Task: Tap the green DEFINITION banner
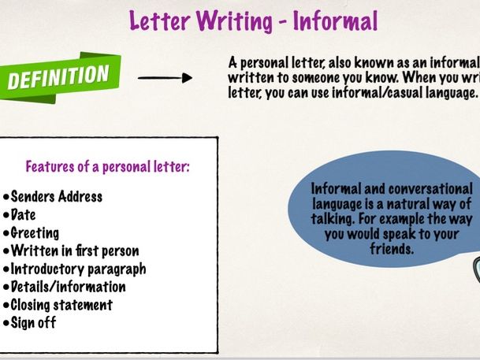pos(59,77)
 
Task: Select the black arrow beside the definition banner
pos(165,77)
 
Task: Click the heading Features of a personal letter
pos(108,167)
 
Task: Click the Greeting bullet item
pos(35,232)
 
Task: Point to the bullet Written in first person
pos(69,251)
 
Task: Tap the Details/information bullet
pos(67,287)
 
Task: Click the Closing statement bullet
pos(61,305)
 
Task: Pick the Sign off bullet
pos(32,323)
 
